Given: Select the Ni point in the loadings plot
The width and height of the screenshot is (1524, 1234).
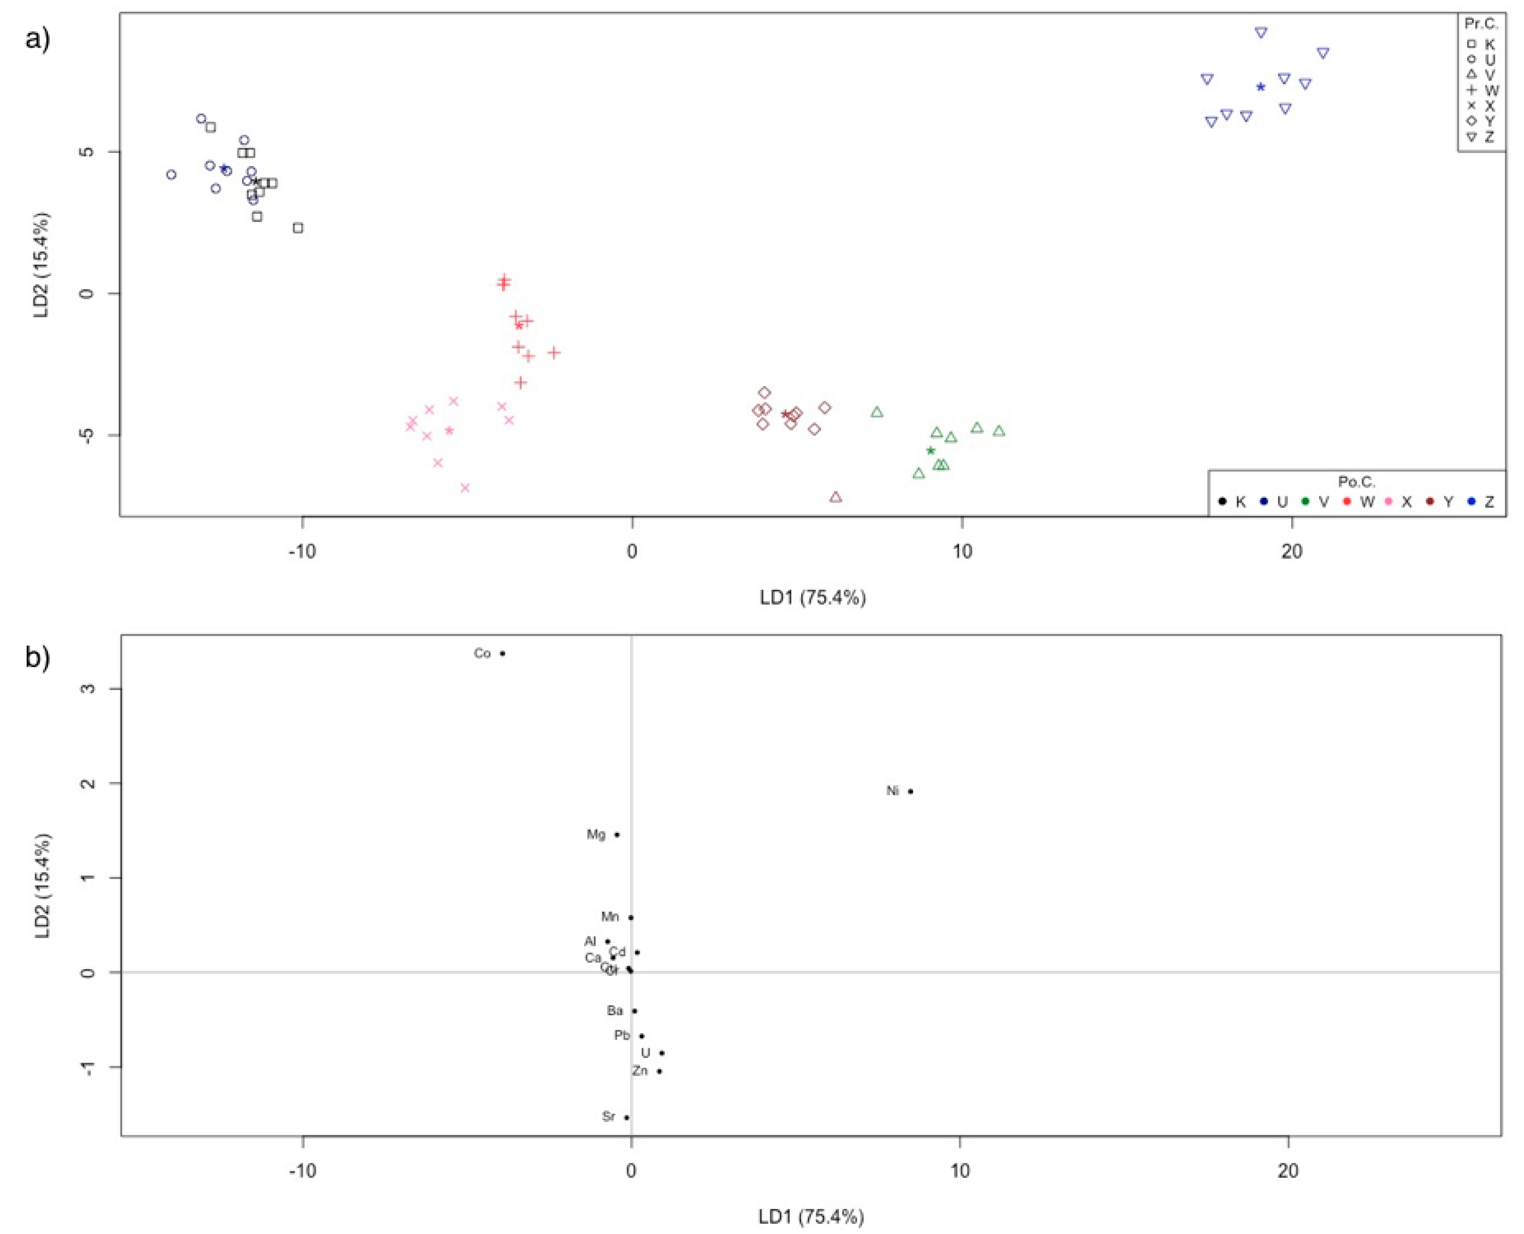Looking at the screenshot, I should pyautogui.click(x=910, y=791).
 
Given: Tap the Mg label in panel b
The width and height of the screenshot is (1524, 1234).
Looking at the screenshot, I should pyautogui.click(x=596, y=834).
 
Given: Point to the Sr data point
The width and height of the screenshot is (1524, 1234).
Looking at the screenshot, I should pyautogui.click(x=627, y=1117).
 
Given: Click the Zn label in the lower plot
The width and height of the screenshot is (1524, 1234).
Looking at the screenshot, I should pyautogui.click(x=640, y=1071).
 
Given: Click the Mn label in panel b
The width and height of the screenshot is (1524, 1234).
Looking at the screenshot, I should pyautogui.click(x=610, y=917).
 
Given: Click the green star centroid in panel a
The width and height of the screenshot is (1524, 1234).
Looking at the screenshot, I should pyautogui.click(x=930, y=451).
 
